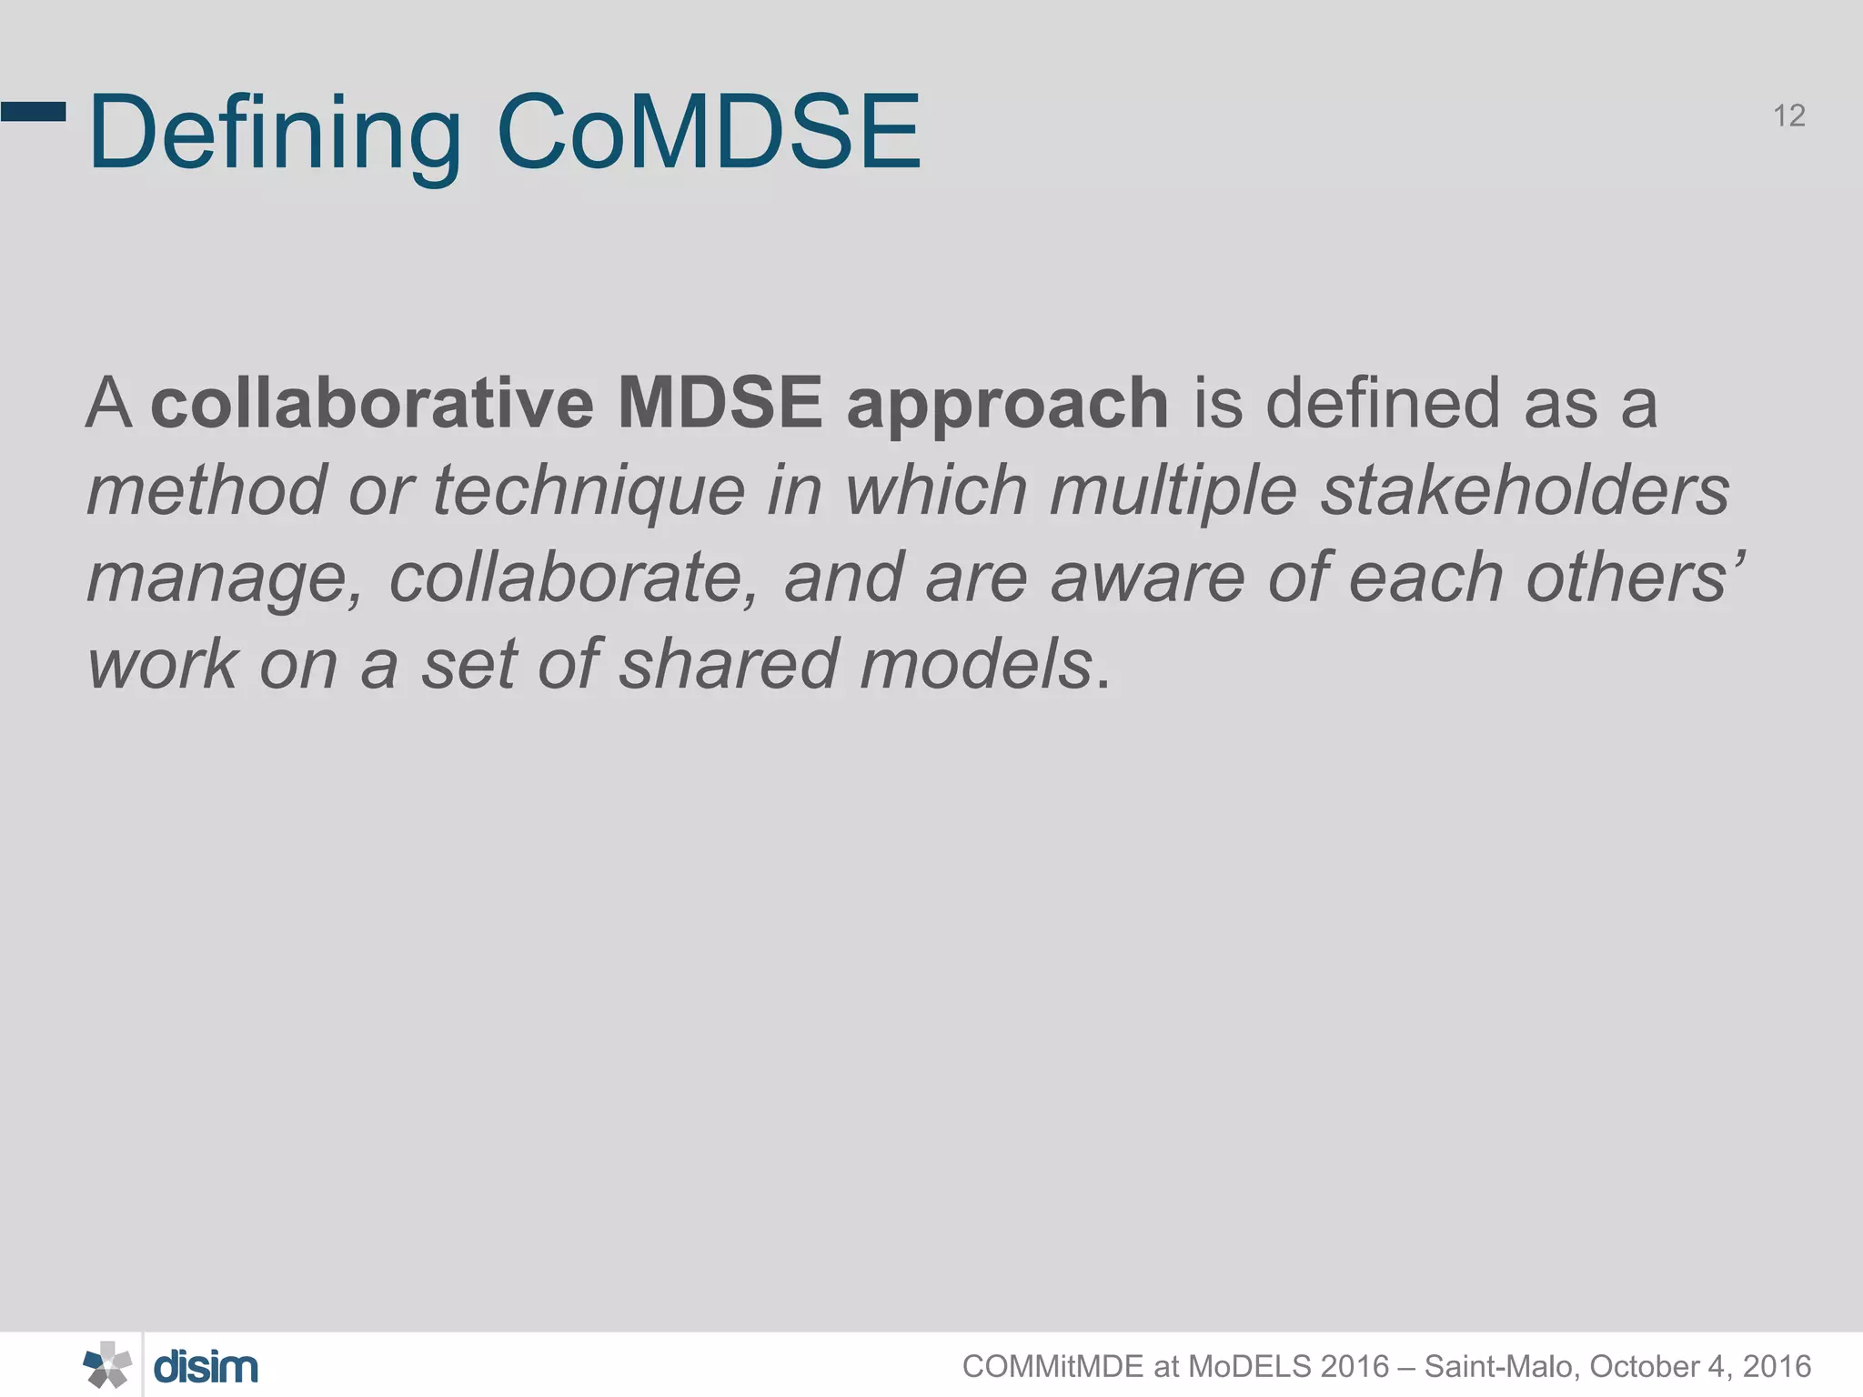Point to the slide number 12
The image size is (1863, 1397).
click(1788, 116)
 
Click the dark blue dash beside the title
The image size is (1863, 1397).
click(34, 112)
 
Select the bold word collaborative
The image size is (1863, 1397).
click(372, 403)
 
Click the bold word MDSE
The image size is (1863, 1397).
click(720, 403)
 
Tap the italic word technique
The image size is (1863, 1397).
click(589, 492)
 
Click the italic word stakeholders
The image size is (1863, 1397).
click(1525, 490)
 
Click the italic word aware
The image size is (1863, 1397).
click(1147, 579)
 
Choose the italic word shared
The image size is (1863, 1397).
click(729, 664)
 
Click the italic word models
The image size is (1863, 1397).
click(976, 664)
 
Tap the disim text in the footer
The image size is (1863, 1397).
click(206, 1367)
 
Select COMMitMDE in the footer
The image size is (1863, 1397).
click(1052, 1367)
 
